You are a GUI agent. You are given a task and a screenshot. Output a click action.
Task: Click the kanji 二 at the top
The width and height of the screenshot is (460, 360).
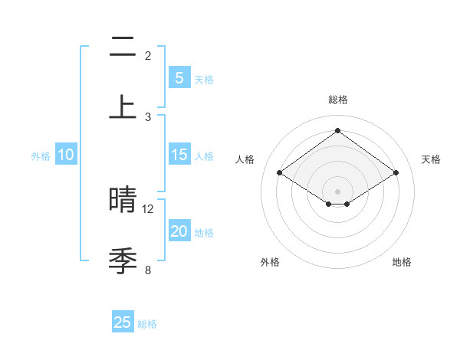point(123,47)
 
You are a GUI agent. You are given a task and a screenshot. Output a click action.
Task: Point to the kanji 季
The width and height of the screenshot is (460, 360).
point(123,260)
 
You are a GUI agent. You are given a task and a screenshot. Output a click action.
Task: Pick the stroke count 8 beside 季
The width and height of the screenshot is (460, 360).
point(148,269)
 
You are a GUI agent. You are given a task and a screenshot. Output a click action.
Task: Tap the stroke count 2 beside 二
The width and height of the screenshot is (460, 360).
point(148,55)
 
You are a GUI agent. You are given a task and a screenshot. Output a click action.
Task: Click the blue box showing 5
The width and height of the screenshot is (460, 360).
point(179,77)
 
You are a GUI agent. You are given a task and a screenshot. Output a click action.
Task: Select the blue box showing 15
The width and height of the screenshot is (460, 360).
point(179,155)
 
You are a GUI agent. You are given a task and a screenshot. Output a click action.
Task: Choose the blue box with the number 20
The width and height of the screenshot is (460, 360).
point(179,231)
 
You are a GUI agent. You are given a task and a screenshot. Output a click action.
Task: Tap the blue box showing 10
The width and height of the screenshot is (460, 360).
point(66,155)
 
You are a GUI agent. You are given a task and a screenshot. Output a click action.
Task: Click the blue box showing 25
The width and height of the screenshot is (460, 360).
point(123,322)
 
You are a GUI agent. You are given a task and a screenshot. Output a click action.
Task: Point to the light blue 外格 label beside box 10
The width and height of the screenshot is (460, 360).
point(41,156)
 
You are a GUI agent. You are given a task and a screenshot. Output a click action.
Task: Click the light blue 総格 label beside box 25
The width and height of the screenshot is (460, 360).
point(147,324)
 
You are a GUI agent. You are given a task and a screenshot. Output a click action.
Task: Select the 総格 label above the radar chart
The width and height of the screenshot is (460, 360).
point(337,100)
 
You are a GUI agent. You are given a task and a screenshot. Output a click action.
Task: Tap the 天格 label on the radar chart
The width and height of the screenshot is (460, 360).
point(431,159)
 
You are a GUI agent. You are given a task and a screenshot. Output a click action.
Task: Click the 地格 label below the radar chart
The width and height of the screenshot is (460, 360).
point(402,262)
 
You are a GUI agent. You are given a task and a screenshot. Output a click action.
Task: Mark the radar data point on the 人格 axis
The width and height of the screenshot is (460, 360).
point(280,173)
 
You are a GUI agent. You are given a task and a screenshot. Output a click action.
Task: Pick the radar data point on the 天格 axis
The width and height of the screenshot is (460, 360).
point(396,173)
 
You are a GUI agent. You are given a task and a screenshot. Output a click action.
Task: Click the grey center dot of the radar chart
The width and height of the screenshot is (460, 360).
point(337,191)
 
